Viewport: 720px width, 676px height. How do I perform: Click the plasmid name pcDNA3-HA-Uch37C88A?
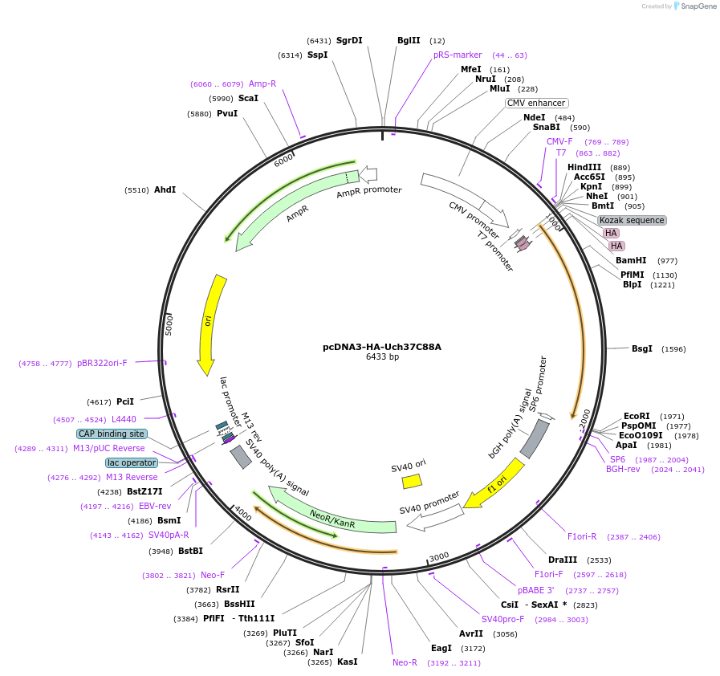click(x=382, y=347)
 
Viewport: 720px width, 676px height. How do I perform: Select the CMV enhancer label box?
click(x=536, y=103)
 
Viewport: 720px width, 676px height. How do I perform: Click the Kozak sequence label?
click(x=632, y=220)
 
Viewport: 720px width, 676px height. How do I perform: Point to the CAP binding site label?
click(x=112, y=434)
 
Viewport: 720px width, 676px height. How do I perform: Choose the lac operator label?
click(x=131, y=462)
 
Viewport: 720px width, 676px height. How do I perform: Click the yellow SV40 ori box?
click(x=412, y=481)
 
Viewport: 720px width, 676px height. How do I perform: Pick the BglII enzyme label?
click(x=409, y=40)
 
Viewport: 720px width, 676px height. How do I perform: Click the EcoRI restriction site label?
click(x=637, y=416)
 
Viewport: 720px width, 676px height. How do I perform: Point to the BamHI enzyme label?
click(x=631, y=260)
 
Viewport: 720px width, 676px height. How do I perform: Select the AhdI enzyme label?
click(x=165, y=190)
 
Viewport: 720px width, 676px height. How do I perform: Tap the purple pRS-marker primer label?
click(x=458, y=55)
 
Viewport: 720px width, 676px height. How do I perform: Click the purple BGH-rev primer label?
click(x=623, y=469)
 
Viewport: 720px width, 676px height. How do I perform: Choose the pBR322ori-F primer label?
click(x=102, y=363)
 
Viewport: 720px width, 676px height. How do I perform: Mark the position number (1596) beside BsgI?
click(x=674, y=348)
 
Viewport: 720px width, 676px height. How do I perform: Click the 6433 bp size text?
click(x=382, y=357)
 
